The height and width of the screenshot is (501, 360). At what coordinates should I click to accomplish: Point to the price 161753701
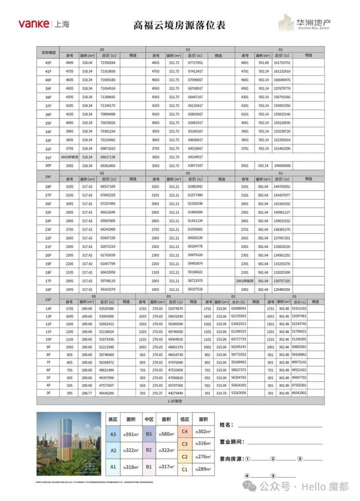(282, 63)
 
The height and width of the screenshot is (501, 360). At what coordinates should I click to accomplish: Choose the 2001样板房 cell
(246, 281)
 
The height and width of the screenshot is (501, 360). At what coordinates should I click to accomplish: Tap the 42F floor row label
(48, 63)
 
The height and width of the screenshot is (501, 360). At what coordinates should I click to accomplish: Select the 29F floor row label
(48, 176)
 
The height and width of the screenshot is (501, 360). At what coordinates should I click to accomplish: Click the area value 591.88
(264, 63)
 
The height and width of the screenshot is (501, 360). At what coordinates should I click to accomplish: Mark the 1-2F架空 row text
(180, 401)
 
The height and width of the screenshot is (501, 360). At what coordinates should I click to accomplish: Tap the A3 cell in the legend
(113, 434)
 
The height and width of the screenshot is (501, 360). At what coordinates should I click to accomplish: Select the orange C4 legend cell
(185, 431)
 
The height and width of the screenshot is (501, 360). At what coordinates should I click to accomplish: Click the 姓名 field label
(226, 425)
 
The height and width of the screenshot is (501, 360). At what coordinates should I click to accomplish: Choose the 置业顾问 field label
(232, 442)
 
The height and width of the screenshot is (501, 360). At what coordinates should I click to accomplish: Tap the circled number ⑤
(273, 476)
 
